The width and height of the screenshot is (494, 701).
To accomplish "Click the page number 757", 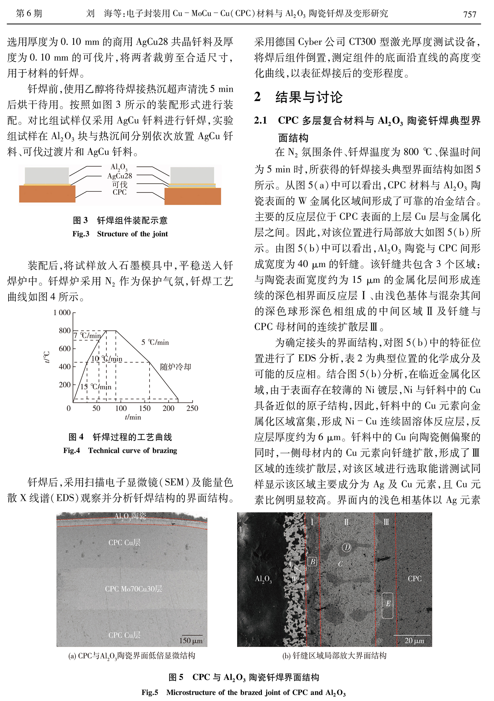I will point(470,14).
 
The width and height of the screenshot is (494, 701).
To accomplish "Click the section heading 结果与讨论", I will point(309,97).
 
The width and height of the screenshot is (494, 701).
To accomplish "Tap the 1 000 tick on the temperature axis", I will point(62,312).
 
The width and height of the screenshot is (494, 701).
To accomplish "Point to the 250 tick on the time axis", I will point(192,408).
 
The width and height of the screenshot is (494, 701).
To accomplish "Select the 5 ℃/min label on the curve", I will point(155,342).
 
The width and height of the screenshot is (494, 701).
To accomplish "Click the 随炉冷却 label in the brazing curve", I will point(175,367).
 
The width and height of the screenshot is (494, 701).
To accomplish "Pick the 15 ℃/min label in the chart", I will point(96,387).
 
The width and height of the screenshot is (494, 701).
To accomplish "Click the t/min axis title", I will point(133,417).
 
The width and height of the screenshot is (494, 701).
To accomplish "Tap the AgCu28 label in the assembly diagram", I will point(120,176).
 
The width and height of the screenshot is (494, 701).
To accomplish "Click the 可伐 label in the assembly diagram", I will point(120,184).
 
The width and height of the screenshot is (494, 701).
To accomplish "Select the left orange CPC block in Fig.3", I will point(47,194).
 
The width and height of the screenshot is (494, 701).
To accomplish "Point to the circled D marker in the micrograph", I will point(346,547).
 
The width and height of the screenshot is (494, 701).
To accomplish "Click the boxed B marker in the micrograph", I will point(312,561).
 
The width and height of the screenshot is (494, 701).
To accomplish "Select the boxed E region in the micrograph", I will point(388,605).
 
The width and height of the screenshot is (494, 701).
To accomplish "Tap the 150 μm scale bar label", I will point(191,641).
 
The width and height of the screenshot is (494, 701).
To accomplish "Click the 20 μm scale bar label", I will point(414,641).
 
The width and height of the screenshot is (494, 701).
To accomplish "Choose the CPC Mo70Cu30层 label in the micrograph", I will point(133,589).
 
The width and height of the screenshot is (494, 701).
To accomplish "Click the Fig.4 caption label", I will point(71,451).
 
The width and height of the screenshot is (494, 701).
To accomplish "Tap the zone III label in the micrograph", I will point(386,522).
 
